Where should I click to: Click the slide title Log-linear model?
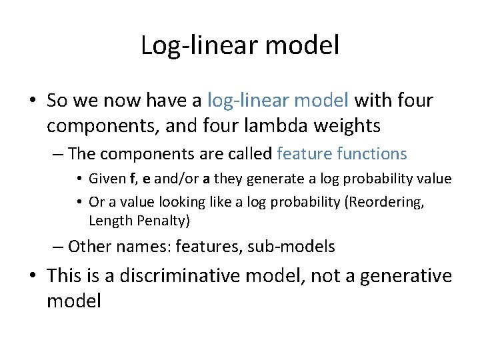click(x=240, y=45)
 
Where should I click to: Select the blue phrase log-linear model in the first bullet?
click(x=278, y=101)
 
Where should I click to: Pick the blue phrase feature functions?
click(x=341, y=154)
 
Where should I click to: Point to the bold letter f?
click(x=133, y=179)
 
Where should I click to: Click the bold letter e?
click(x=146, y=179)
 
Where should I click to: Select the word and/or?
click(x=176, y=179)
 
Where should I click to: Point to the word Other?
click(x=90, y=247)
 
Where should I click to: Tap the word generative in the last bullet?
click(x=404, y=276)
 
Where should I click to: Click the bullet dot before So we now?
click(x=33, y=101)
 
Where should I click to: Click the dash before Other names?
click(x=57, y=247)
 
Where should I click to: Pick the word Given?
click(x=106, y=179)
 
